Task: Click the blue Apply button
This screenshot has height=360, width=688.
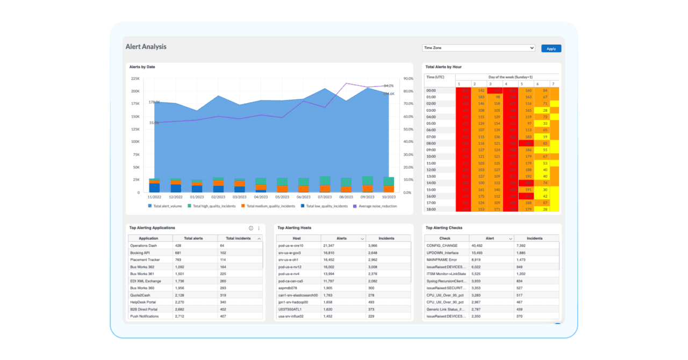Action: click(551, 48)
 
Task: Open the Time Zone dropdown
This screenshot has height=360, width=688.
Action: click(478, 48)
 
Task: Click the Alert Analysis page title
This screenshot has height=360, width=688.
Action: click(146, 47)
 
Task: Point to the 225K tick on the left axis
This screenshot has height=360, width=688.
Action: click(135, 78)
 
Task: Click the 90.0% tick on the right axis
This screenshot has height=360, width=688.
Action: click(408, 78)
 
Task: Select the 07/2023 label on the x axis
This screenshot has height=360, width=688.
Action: click(325, 198)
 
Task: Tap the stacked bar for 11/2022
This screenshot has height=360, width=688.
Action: click(154, 185)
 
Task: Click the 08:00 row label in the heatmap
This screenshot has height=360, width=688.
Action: click(431, 143)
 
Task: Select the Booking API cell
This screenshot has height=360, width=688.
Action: click(141, 253)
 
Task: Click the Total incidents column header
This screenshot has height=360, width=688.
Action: click(238, 238)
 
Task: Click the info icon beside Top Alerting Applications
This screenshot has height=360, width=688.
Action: click(251, 228)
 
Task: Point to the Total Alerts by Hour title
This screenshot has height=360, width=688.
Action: click(443, 67)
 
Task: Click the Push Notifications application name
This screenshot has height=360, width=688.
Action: click(145, 316)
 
